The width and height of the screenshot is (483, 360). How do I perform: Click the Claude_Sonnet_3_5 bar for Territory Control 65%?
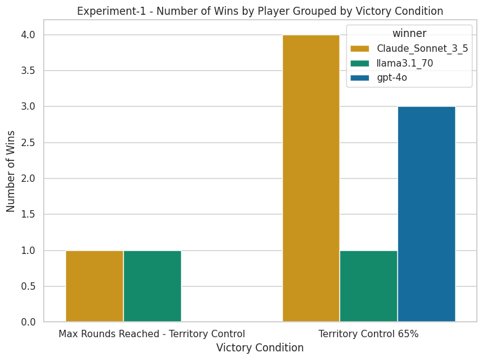tap(310, 178)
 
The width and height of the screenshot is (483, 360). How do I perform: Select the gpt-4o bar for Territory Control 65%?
tap(426, 214)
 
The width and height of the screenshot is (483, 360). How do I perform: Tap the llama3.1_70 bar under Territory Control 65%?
tap(368, 286)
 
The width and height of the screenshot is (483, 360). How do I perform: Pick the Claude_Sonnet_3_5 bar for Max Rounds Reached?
tap(94, 286)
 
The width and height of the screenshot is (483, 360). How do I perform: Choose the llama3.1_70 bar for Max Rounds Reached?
tap(152, 286)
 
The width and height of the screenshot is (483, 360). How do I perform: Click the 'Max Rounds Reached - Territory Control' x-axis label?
tap(152, 334)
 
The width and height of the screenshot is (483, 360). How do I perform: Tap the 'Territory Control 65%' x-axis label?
tap(368, 334)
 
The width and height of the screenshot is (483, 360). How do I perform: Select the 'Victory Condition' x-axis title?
tap(260, 348)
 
